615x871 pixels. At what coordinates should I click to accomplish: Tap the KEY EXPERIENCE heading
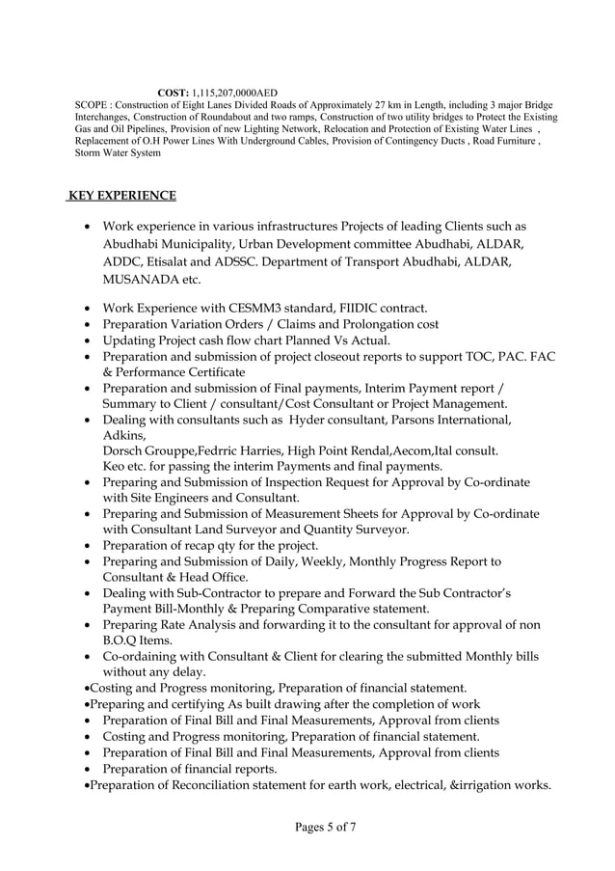click(x=121, y=196)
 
